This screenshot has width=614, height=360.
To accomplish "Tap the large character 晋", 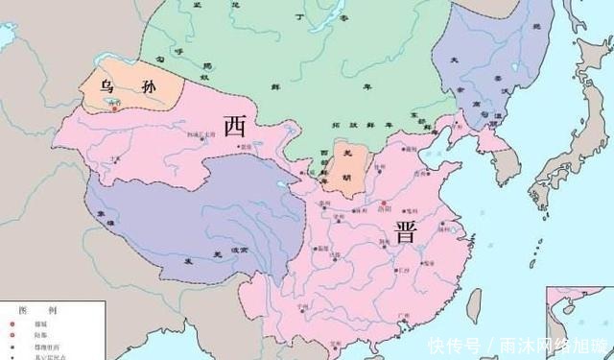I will pos(404,230).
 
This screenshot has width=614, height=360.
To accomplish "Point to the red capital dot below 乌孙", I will pos(115,107).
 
